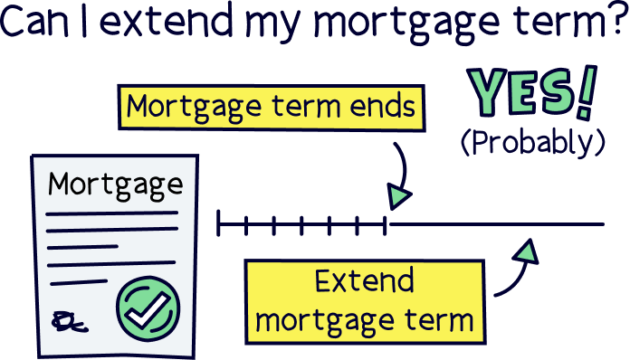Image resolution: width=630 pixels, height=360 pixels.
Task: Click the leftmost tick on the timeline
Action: (219, 223)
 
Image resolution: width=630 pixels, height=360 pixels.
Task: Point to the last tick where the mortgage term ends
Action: (387, 223)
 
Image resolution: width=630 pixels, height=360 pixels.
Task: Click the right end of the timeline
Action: (602, 223)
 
